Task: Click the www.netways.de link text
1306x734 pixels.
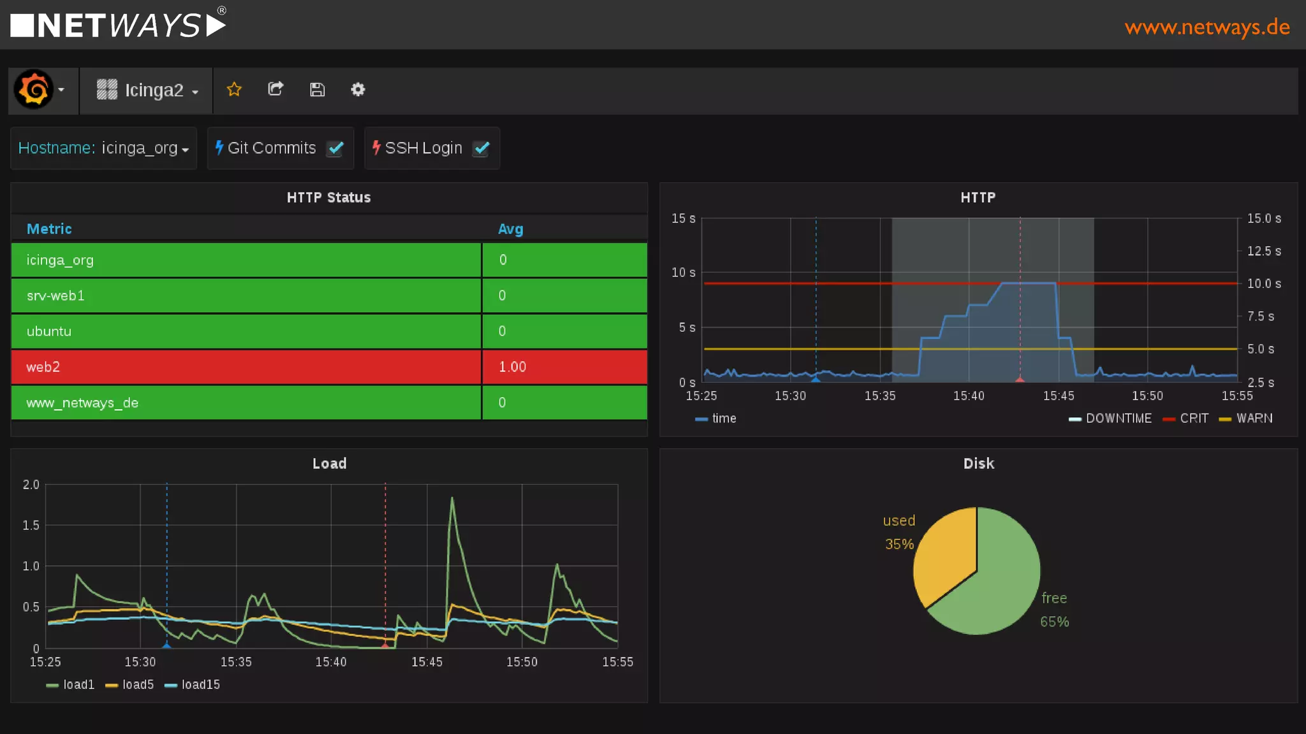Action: pyautogui.click(x=1207, y=27)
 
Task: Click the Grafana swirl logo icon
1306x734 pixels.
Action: pyautogui.click(x=33, y=89)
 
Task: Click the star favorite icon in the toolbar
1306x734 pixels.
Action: pyautogui.click(x=234, y=89)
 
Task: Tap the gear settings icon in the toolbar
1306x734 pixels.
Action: pyautogui.click(x=358, y=89)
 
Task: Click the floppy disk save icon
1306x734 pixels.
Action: pyautogui.click(x=317, y=89)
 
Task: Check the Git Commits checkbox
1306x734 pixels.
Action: pyautogui.click(x=335, y=148)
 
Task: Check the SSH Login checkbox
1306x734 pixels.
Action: pyautogui.click(x=481, y=148)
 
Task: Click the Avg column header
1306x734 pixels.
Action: pyautogui.click(x=510, y=229)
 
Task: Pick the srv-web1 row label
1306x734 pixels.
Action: pyautogui.click(x=55, y=296)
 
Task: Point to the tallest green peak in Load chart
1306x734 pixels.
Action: pyautogui.click(x=452, y=499)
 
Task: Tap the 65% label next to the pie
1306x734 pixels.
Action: pyautogui.click(x=1054, y=622)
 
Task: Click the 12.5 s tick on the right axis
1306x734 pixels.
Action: pyautogui.click(x=1263, y=251)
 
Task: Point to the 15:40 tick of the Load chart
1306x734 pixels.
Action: pyautogui.click(x=331, y=662)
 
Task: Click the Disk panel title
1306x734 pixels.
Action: pyautogui.click(x=978, y=463)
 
